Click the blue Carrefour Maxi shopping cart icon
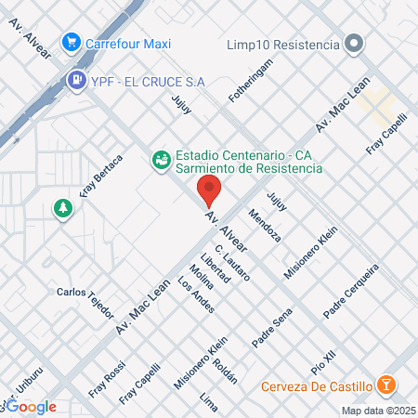tap(71, 42)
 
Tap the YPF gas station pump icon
tap(76, 81)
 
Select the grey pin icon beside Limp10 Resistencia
tap(353, 44)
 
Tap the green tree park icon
tap(63, 209)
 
